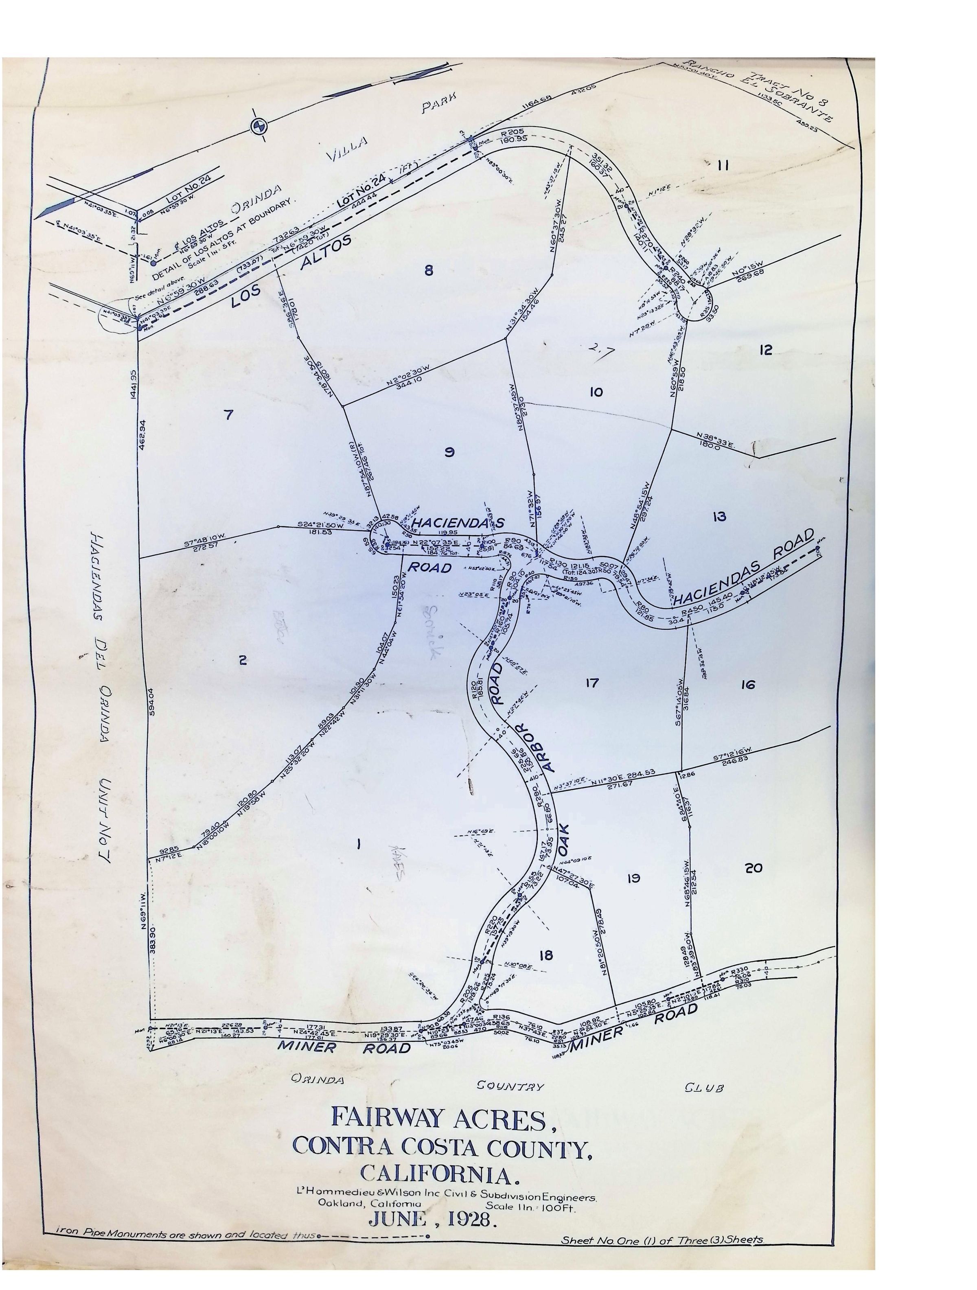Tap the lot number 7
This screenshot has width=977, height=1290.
pos(228,415)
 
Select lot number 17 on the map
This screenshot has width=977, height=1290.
pos(591,682)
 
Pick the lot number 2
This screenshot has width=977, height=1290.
pos(243,660)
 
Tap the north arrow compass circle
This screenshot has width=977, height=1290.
pos(258,125)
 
